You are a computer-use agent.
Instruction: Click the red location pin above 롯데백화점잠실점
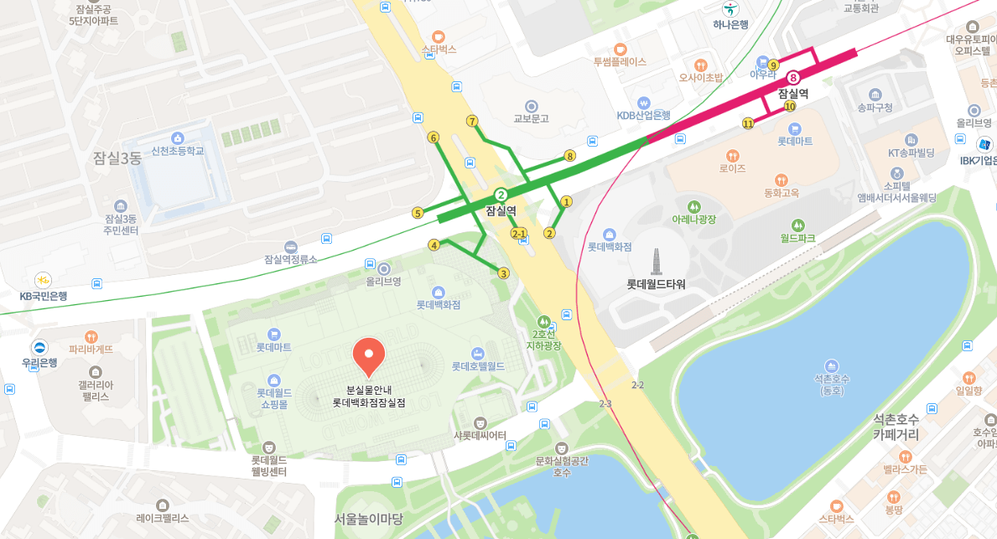[368, 356]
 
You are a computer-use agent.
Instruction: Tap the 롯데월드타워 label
[656, 284]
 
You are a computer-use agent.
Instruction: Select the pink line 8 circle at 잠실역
[793, 78]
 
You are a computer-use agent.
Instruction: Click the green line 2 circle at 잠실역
[501, 194]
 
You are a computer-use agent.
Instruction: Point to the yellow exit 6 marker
[434, 137]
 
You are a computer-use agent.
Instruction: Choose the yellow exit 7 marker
[473, 121]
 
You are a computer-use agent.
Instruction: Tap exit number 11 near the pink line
[747, 124]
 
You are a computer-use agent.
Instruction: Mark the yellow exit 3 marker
[503, 273]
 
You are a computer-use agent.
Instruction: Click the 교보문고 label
[531, 118]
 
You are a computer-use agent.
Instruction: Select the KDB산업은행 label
[643, 115]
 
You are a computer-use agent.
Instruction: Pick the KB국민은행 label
[44, 296]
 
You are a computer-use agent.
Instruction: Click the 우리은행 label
[39, 363]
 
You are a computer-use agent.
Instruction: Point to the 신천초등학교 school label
[177, 151]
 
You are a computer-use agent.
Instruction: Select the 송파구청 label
[875, 107]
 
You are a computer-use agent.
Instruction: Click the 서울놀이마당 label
[369, 518]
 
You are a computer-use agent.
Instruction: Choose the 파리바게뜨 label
[91, 349]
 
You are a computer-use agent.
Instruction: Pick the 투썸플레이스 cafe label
[620, 61]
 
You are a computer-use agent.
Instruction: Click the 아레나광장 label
[693, 219]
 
